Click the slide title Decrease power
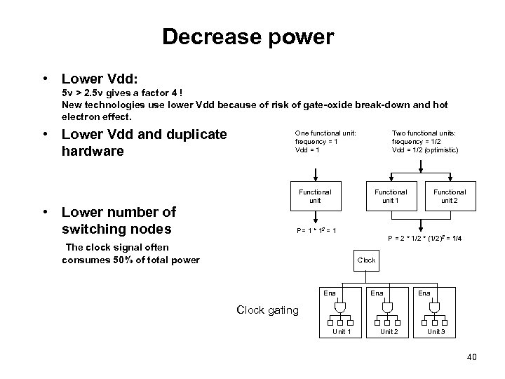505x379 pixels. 248,36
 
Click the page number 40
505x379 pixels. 471,358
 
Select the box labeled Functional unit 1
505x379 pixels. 390,196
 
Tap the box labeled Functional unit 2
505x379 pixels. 449,196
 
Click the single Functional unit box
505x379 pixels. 315,196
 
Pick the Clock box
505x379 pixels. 366,260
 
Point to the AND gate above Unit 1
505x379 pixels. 340,307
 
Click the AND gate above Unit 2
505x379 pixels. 387,307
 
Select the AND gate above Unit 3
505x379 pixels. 435,307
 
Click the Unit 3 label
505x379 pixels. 436,331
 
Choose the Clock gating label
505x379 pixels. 267,310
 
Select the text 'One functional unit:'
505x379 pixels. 325,133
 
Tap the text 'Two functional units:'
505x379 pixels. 424,133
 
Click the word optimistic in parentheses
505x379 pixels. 440,149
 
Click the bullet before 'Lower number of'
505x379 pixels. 45,212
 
